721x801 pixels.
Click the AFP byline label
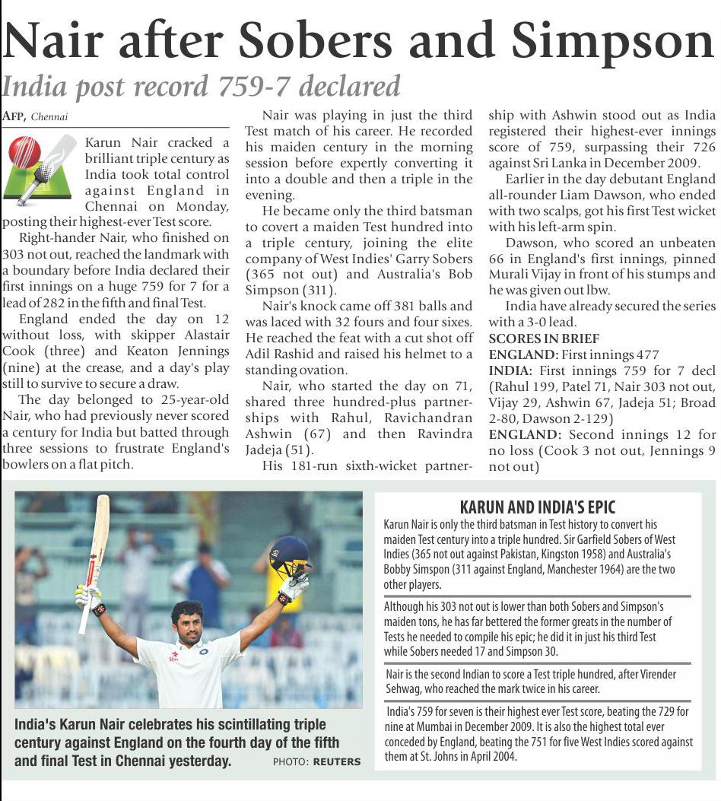(x=13, y=116)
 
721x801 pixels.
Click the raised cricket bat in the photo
(x=94, y=555)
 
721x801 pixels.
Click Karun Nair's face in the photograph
(x=186, y=620)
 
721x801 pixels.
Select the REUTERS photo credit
(x=338, y=761)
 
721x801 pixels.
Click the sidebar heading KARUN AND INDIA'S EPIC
(x=538, y=507)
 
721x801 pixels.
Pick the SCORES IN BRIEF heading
(x=544, y=339)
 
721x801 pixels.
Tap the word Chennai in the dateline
(x=50, y=117)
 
